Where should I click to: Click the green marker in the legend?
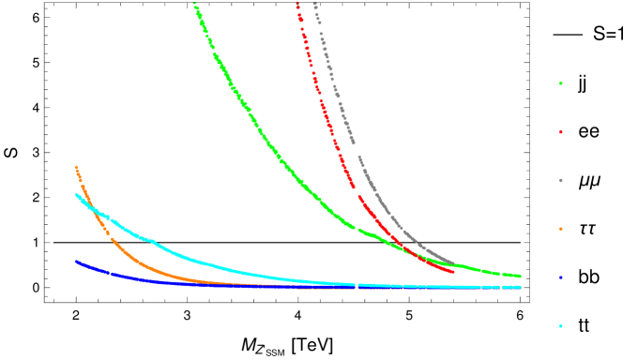(560, 83)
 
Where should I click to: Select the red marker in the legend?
(560, 132)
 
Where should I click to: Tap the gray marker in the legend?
(560, 180)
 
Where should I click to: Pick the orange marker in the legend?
(560, 229)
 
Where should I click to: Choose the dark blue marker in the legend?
(560, 277)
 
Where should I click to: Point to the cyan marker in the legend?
(560, 325)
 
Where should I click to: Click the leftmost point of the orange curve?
(76, 167)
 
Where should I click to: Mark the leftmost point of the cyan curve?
(76, 195)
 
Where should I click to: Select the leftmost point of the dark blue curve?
(76, 262)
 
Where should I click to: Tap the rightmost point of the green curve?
(519, 276)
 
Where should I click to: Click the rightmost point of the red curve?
(454, 272)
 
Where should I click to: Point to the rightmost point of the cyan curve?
(519, 287)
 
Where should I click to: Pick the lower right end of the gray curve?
(454, 263)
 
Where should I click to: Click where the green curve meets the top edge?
(194, 4)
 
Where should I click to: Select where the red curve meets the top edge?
(296, 4)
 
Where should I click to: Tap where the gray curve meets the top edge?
(314, 4)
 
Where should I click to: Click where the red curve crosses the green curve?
(405, 247)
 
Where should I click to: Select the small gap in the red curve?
(357, 193)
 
